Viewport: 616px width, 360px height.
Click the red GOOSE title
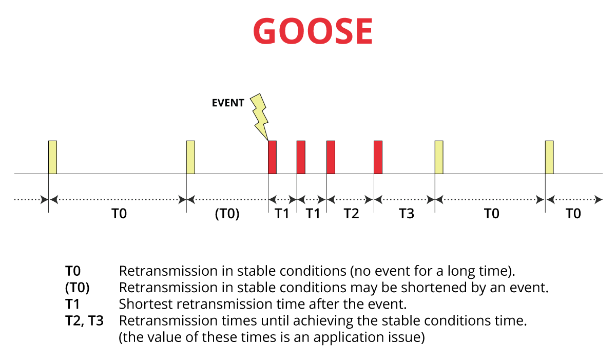(313, 30)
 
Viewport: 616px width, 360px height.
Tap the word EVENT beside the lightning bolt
(228, 103)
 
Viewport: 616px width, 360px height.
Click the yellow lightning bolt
(259, 117)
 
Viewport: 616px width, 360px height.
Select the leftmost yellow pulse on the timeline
(52, 157)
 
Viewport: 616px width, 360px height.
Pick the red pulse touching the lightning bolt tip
(272, 157)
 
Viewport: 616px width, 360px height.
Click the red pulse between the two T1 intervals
(301, 157)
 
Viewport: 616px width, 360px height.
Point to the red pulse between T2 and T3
(378, 157)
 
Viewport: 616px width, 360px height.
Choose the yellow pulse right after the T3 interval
(439, 157)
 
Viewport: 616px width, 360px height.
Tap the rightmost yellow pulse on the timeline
(549, 157)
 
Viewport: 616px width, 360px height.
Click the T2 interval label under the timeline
(352, 214)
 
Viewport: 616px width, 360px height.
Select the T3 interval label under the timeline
(407, 214)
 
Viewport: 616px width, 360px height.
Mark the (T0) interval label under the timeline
(227, 214)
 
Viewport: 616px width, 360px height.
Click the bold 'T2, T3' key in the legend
(84, 321)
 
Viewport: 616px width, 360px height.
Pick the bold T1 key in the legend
(72, 304)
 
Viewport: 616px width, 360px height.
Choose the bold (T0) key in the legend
(78, 288)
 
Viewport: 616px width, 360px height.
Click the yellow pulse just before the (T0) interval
(190, 157)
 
